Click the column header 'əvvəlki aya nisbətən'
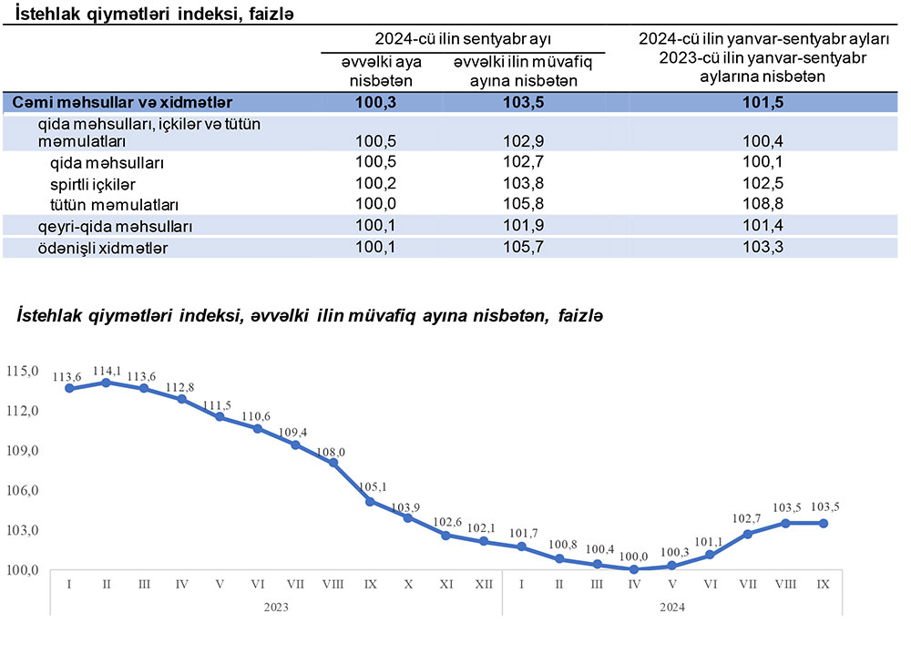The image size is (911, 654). (x=377, y=70)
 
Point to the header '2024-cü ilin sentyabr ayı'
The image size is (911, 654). (x=464, y=39)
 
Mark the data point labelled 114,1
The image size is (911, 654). (x=107, y=383)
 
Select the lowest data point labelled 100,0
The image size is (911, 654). (x=634, y=569)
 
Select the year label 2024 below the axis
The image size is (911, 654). (x=671, y=606)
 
